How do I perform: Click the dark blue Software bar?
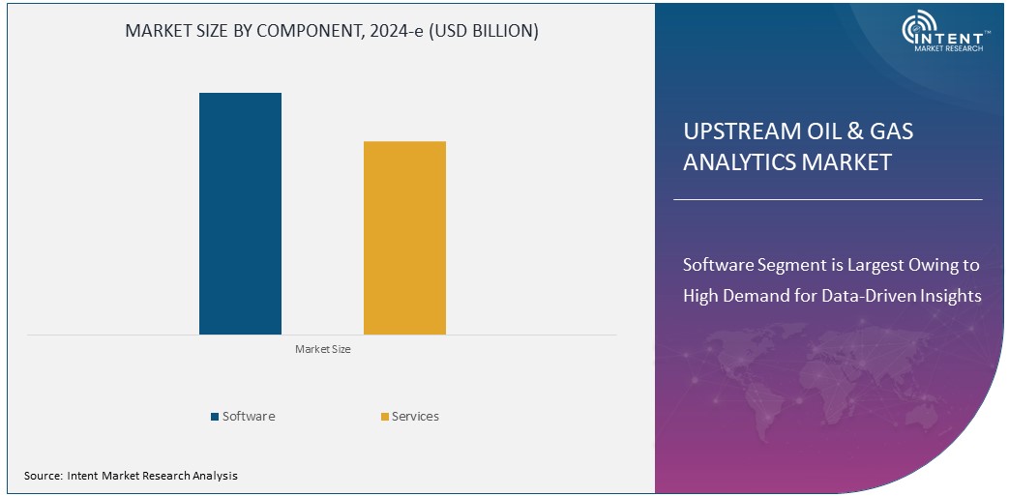tap(240, 214)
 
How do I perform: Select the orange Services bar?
tap(404, 238)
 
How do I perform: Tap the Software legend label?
tap(249, 417)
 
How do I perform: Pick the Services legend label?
tap(415, 417)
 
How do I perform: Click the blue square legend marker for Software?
tap(215, 417)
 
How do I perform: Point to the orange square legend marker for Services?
tap(384, 417)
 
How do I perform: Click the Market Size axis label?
tap(322, 349)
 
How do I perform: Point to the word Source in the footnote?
tap(43, 476)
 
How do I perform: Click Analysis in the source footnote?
tap(213, 476)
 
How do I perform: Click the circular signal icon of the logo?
tap(920, 30)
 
